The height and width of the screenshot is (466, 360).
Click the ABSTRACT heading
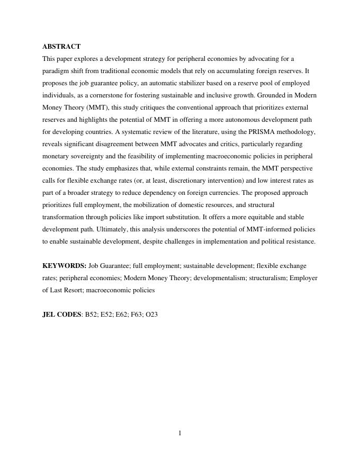pyautogui.click(x=61, y=47)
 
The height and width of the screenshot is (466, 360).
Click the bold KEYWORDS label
pyautogui.click(x=64, y=266)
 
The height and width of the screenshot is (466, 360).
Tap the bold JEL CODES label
pyautogui.click(x=62, y=315)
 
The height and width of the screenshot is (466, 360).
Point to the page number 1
pyautogui.click(x=180, y=433)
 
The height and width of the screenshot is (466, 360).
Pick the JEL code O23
pyautogui.click(x=151, y=315)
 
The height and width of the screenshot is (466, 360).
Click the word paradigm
pyautogui.click(x=56, y=71)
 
